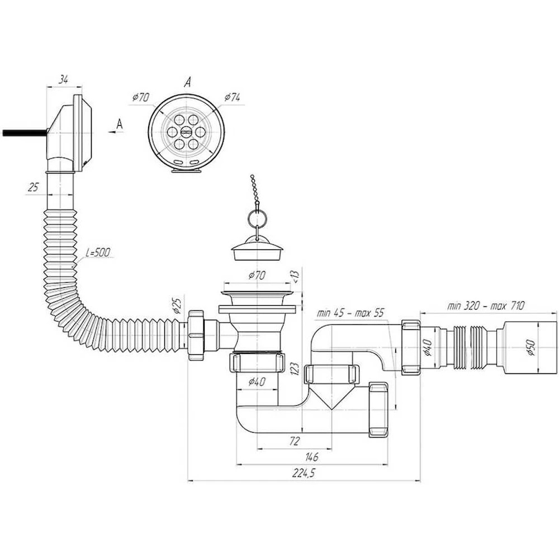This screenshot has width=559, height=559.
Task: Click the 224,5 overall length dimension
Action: pyautogui.click(x=304, y=473)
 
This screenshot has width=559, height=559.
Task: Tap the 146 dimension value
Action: pyautogui.click(x=311, y=457)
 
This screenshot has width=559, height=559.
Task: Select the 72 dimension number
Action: pyautogui.click(x=294, y=441)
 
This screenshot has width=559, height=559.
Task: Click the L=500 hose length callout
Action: pyautogui.click(x=98, y=253)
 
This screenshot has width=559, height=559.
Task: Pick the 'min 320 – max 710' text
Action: pyautogui.click(x=486, y=306)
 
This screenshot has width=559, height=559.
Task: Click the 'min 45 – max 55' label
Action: pyautogui.click(x=350, y=313)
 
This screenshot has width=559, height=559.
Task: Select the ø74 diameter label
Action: pyautogui.click(x=233, y=97)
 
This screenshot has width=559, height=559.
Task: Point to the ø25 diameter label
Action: pyautogui.click(x=177, y=304)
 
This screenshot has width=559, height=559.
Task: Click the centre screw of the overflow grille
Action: pyautogui.click(x=186, y=132)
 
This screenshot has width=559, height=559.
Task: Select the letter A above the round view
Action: pyautogui.click(x=188, y=83)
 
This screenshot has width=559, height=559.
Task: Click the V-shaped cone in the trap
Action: pyautogui.click(x=331, y=396)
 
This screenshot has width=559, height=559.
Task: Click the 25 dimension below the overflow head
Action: pyautogui.click(x=33, y=187)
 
